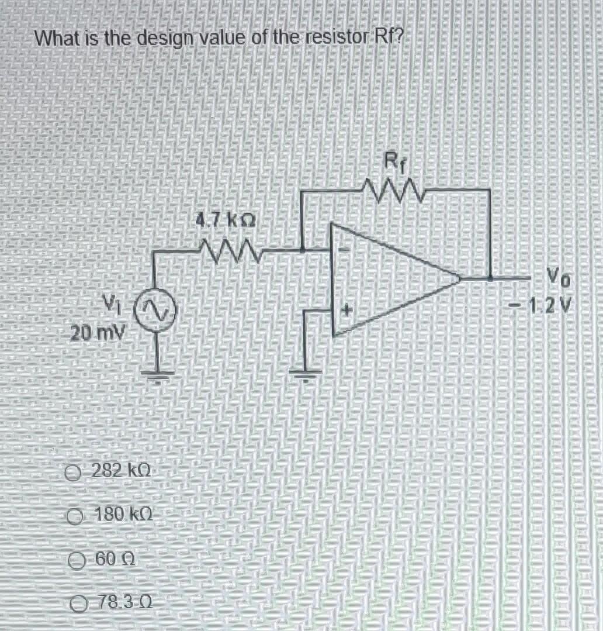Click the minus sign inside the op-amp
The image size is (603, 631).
(x=345, y=250)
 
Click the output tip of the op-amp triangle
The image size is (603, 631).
(x=459, y=277)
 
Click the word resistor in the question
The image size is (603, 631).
(x=332, y=39)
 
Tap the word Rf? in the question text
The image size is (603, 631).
(x=386, y=39)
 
